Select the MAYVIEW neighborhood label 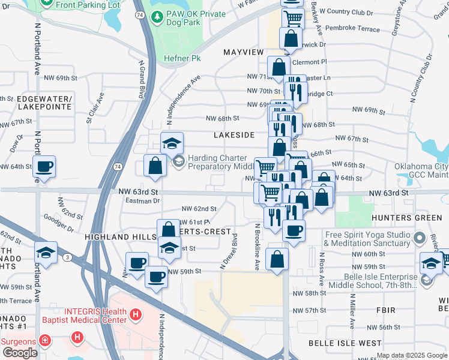[243, 53]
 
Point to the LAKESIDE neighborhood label [234, 135]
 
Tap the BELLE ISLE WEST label [345, 343]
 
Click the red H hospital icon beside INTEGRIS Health [136, 313]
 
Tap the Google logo [20, 353]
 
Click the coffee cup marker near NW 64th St [44, 166]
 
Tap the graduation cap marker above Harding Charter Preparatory [172, 144]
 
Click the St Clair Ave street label [95, 107]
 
